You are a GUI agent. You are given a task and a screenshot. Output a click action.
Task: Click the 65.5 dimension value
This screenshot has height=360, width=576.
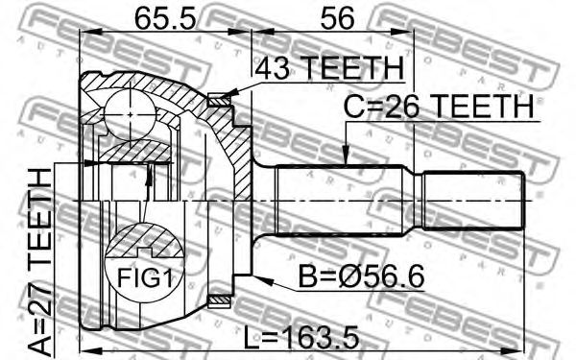click(x=165, y=18)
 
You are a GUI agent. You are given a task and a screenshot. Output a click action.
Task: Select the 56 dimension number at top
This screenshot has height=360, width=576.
click(x=337, y=18)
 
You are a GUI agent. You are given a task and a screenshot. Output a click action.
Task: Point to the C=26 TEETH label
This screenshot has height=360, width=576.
click(x=439, y=107)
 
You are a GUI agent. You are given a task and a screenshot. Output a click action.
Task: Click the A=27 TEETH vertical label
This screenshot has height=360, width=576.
click(x=40, y=262)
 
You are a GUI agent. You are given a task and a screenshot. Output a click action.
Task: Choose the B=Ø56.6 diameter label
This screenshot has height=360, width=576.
click(x=361, y=276)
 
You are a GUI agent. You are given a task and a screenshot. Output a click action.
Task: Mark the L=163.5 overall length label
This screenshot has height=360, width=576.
click(x=301, y=339)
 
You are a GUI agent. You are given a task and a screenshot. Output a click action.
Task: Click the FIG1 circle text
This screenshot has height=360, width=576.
click(x=145, y=277)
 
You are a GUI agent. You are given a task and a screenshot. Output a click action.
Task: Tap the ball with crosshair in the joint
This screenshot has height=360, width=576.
click(x=130, y=115)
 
